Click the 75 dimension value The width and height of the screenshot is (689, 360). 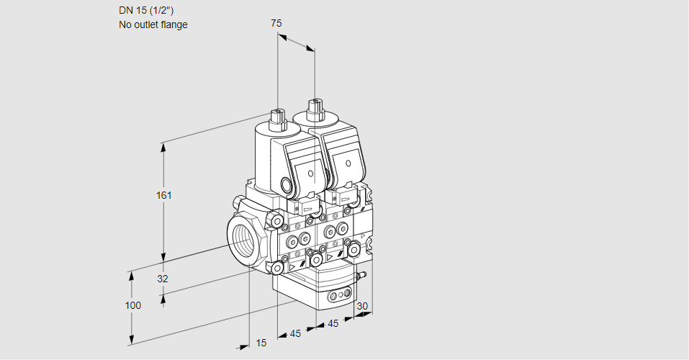pyautogui.click(x=276, y=23)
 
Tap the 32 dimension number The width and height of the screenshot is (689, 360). pyautogui.click(x=162, y=279)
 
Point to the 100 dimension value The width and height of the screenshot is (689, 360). pyautogui.click(x=132, y=305)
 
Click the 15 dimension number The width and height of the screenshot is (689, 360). pyautogui.click(x=261, y=343)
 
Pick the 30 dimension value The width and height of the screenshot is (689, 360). pyautogui.click(x=362, y=306)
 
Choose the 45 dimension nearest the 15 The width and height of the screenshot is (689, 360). pyautogui.click(x=295, y=333)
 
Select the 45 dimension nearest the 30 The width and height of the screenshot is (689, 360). pyautogui.click(x=333, y=323)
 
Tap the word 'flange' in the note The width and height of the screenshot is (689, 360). pyautogui.click(x=174, y=24)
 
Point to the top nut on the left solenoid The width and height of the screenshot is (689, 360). pyautogui.click(x=276, y=115)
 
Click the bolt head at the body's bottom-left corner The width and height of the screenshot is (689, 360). pyautogui.click(x=277, y=268)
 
